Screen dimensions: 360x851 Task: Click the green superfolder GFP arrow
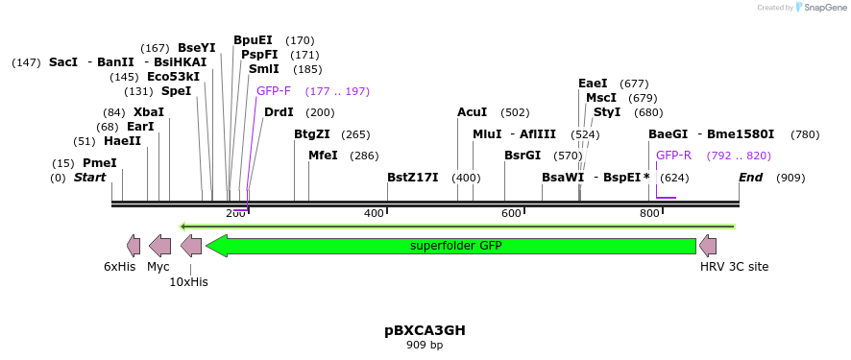pos(451,246)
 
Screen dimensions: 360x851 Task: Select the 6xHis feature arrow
pos(134,246)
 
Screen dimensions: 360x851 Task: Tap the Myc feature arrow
pos(159,246)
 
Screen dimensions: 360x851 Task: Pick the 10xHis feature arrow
pos(191,246)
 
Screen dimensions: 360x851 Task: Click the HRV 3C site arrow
pos(708,246)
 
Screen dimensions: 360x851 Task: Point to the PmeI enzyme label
pos(99,163)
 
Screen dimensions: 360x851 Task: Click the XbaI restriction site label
pos(149,112)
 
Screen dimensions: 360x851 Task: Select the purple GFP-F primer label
pos(274,91)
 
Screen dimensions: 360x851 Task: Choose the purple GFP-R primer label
pos(673,156)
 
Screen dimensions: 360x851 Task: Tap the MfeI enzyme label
pos(323,156)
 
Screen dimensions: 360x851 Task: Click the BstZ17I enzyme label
pos(413,178)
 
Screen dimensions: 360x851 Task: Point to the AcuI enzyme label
pos(473,112)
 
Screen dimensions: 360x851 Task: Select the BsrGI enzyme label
pos(523,156)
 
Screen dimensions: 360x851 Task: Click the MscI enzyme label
pos(601,98)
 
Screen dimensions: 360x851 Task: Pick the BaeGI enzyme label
pos(669,134)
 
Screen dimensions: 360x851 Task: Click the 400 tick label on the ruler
pos(374,213)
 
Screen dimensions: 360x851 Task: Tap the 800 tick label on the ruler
pos(649,213)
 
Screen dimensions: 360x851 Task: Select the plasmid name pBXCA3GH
pos(425,330)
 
